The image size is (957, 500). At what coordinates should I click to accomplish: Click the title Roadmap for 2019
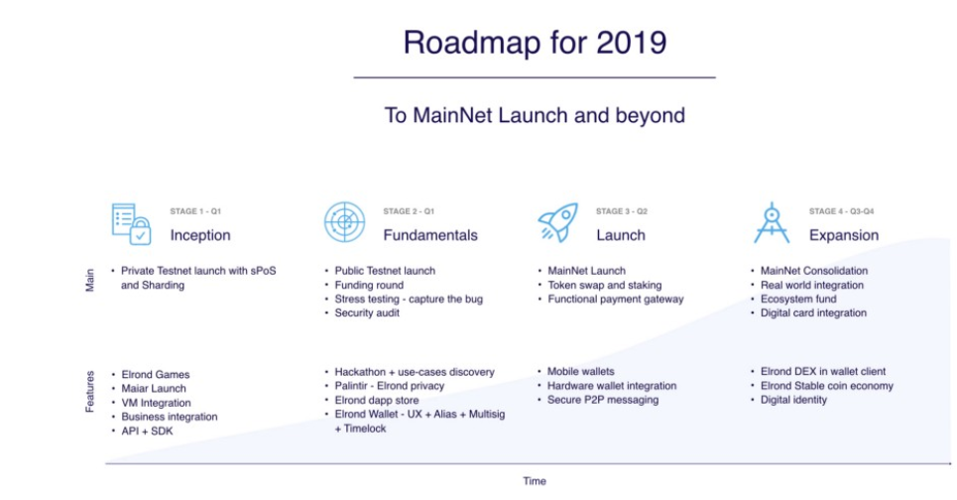[x=535, y=43]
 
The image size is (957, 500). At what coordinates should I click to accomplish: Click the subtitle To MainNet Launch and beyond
[x=535, y=115]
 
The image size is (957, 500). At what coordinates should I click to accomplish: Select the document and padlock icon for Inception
[x=131, y=224]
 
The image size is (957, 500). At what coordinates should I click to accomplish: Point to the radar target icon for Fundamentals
[x=345, y=222]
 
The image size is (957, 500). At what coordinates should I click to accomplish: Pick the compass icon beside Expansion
[x=772, y=223]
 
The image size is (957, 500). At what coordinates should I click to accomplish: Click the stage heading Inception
[x=200, y=236]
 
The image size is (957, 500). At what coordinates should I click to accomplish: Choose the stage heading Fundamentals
[x=430, y=236]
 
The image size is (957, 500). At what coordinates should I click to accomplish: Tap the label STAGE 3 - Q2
[x=622, y=211]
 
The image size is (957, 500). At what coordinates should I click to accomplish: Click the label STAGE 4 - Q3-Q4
[x=841, y=211]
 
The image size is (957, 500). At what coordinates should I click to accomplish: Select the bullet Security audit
[x=367, y=313]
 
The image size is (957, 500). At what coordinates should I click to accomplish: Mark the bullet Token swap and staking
[x=604, y=285]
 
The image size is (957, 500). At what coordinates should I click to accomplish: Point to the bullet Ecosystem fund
[x=798, y=300]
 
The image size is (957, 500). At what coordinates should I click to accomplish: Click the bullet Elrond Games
[x=156, y=375]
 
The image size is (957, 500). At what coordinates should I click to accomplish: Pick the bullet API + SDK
[x=147, y=431]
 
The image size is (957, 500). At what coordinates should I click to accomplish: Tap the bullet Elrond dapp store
[x=377, y=401]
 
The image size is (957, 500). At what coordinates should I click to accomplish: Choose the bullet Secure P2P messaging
[x=603, y=400]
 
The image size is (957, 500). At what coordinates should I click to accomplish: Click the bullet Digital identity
[x=793, y=400]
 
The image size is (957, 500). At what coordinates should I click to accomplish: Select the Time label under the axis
[x=535, y=481]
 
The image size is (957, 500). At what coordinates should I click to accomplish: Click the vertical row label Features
[x=89, y=391]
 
